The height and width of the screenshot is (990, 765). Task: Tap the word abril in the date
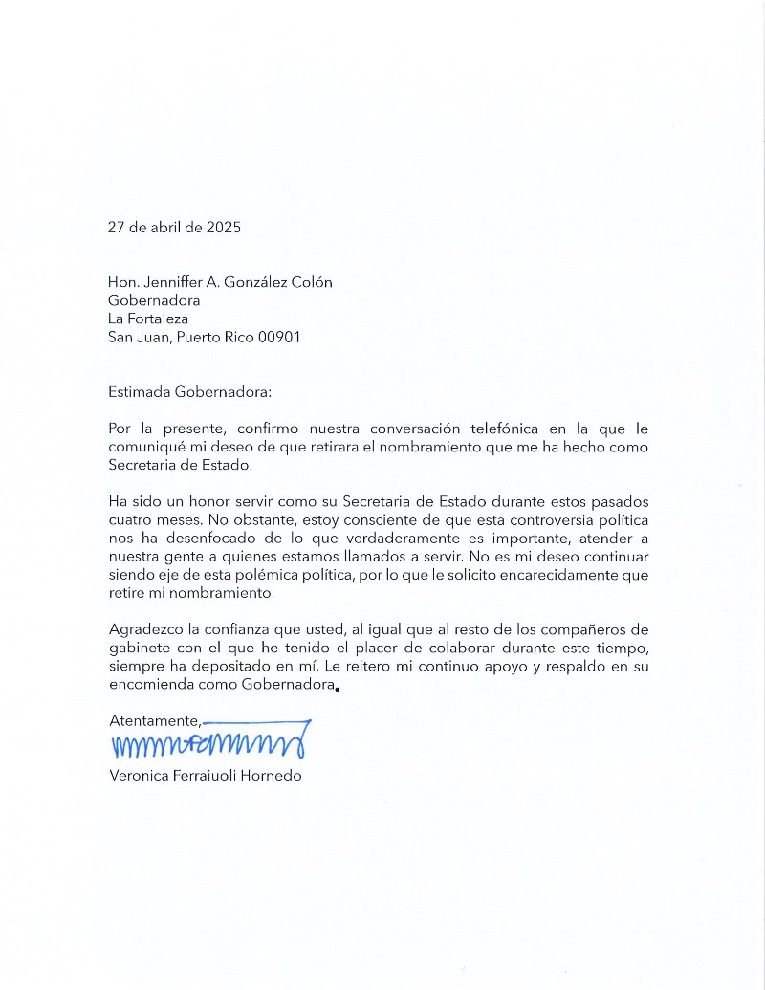(168, 228)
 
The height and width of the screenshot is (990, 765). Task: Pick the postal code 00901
(279, 338)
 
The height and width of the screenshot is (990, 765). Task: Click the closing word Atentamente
(154, 720)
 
